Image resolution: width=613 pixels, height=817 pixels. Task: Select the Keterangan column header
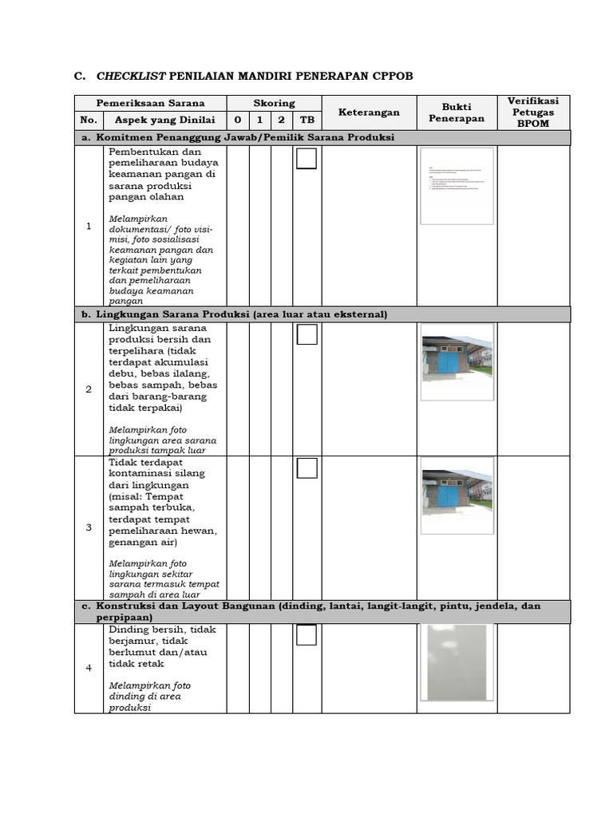click(369, 112)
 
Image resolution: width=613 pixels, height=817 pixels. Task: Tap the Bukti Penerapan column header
click(457, 112)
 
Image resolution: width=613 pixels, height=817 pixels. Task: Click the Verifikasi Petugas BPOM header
click(533, 112)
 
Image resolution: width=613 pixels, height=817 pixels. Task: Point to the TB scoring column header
click(306, 120)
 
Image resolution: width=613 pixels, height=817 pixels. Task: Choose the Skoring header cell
click(274, 104)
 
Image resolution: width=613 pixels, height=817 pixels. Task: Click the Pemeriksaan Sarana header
click(151, 104)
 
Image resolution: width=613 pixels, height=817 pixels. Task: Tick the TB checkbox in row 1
click(306, 160)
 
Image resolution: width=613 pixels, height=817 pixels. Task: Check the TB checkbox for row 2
click(306, 334)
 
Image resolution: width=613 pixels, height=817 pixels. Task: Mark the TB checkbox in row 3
click(306, 468)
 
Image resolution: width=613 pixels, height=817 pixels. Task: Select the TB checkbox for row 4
click(306, 635)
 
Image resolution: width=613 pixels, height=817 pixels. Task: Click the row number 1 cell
click(89, 227)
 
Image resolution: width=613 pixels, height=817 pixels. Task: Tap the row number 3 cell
click(89, 527)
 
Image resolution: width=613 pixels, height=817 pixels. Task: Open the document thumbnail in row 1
click(457, 186)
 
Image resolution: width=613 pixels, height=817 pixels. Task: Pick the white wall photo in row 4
click(457, 662)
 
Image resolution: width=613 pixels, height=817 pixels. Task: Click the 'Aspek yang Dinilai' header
click(165, 120)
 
